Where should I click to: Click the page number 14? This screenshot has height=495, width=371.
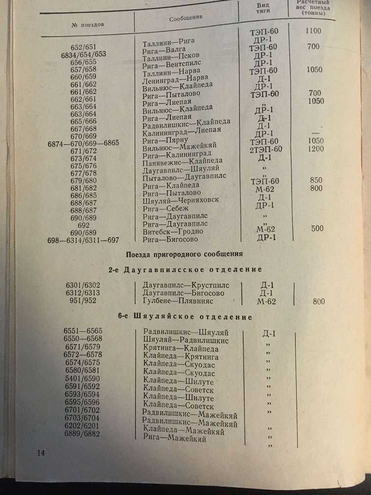[x=41, y=452]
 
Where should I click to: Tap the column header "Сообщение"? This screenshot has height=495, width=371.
[x=185, y=18]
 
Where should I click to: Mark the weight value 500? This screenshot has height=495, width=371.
[x=317, y=228]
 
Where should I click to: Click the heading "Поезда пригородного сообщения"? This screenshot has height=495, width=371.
[x=185, y=254]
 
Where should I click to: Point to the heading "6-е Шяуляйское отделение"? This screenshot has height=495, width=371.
[x=185, y=317]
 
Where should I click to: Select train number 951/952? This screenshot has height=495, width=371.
[x=83, y=301]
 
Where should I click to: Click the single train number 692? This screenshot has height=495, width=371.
[x=80, y=225]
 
